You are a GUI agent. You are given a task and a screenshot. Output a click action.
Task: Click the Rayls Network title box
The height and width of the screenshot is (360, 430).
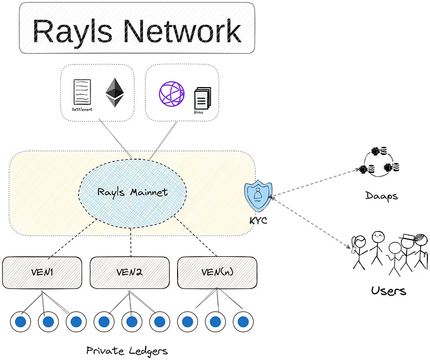(137, 28)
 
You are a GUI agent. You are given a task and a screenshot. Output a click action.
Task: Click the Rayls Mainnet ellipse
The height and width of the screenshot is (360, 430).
(132, 192)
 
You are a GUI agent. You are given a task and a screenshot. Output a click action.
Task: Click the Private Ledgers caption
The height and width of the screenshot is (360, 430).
(127, 351)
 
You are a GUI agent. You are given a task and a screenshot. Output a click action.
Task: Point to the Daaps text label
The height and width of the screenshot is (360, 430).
(381, 197)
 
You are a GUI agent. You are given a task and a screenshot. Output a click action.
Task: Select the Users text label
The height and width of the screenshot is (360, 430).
(388, 290)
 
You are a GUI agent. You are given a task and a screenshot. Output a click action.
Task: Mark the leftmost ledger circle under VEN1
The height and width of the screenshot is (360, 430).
(20, 322)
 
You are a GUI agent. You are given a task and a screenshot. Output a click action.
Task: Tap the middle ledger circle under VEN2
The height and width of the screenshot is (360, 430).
(132, 322)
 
